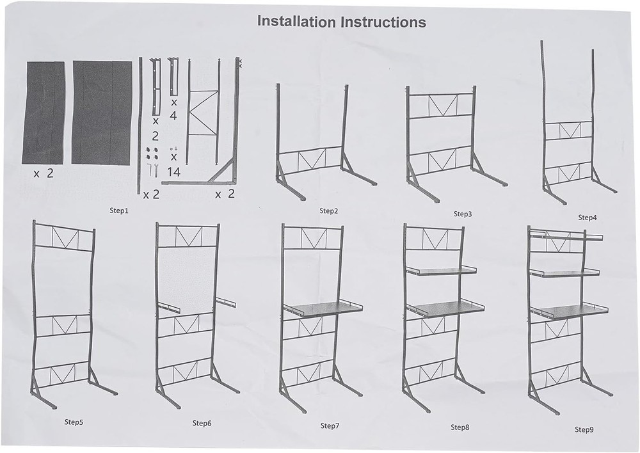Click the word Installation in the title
[297, 21]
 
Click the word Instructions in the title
[383, 21]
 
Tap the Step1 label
[119, 211]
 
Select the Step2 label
[328, 211]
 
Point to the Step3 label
[463, 214]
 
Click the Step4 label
[588, 218]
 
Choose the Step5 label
[74, 422]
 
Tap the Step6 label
[202, 423]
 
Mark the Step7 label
[330, 425]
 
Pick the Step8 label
[460, 427]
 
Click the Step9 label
[584, 429]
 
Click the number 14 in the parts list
[173, 172]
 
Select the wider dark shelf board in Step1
[102, 113]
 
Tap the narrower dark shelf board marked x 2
[44, 113]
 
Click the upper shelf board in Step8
[442, 271]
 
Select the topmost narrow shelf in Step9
[566, 235]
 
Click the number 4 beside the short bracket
[173, 116]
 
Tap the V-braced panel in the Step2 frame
[312, 159]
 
